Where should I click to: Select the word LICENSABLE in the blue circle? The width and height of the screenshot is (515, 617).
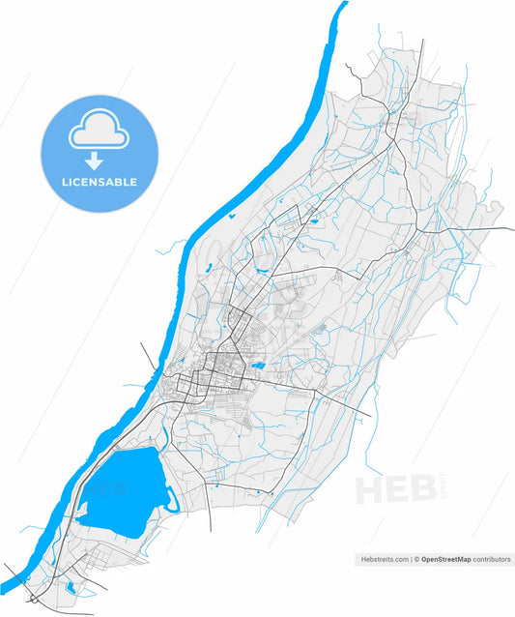click(100, 182)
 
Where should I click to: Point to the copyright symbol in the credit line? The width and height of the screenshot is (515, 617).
click(416, 559)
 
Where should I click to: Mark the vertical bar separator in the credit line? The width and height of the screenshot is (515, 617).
click(410, 559)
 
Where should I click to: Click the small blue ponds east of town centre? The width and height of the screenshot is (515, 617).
click(258, 366)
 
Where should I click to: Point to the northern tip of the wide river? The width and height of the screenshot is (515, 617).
click(342, 5)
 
